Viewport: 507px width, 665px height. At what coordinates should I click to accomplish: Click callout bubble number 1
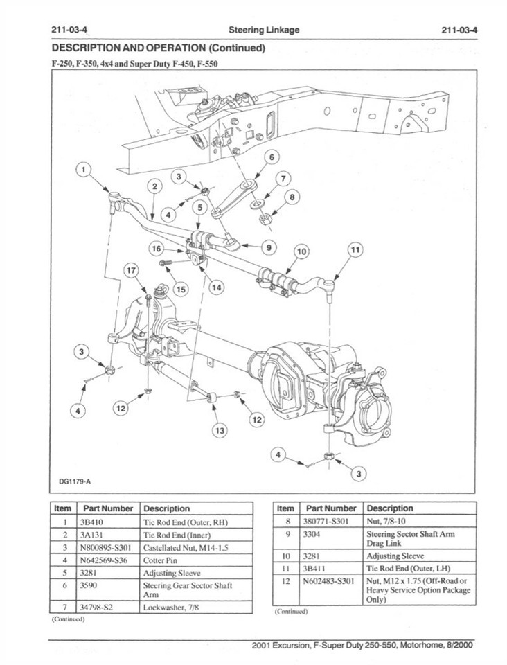click(84, 170)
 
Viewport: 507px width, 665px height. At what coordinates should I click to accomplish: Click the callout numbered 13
click(220, 431)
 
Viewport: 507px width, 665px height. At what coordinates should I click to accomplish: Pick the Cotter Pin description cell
click(161, 560)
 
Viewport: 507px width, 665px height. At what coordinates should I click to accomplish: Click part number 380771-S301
click(326, 522)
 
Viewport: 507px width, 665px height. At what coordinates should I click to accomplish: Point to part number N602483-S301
click(330, 580)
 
